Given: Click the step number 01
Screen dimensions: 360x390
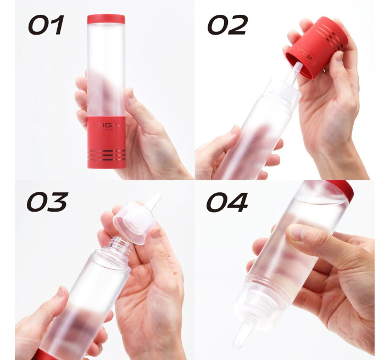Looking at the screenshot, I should (x=46, y=25).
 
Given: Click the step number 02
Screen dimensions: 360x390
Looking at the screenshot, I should (x=227, y=25).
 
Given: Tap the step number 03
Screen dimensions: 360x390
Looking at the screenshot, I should (x=47, y=202).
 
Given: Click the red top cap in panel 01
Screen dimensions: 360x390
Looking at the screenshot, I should (x=106, y=19).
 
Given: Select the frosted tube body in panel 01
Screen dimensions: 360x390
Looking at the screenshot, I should (x=105, y=66).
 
